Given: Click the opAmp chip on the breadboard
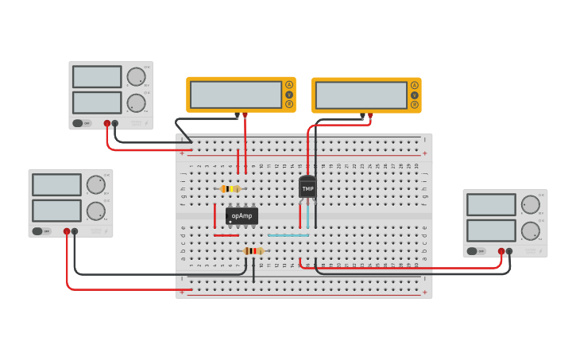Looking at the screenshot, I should coord(242,215).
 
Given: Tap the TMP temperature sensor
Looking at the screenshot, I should coord(307,188).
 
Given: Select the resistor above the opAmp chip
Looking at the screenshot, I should coord(230,188).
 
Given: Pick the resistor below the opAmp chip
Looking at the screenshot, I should coord(253,251).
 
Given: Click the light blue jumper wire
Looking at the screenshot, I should coord(288,235).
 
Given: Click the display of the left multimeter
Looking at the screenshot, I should coord(236,95).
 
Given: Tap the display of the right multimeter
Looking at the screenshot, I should coord(361,95).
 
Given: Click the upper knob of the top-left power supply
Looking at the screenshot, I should coord(136,77).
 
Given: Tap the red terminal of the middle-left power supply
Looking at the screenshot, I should coord(67,231).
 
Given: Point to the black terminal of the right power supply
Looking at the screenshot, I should coord(509,251).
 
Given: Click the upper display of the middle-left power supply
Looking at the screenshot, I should coord(56,184).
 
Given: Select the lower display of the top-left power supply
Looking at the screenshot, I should coord(97,103).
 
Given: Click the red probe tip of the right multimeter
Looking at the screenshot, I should coord(370,116).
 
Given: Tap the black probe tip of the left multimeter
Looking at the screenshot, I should coord(237,116).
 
